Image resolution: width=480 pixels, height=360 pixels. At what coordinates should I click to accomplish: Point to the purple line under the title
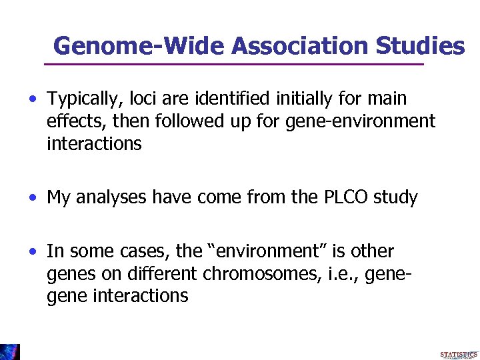(233, 64)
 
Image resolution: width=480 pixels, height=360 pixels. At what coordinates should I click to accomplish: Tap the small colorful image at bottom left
(9, 352)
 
